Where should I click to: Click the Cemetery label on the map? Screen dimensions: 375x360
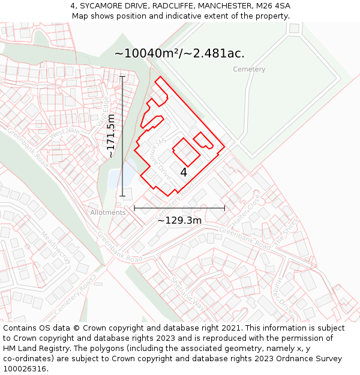click(x=249, y=70)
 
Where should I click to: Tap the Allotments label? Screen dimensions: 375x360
click(x=108, y=212)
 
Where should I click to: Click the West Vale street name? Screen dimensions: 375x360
click(x=65, y=133)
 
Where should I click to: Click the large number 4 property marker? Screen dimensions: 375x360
click(x=184, y=172)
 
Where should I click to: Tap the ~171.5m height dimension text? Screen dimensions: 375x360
click(x=111, y=136)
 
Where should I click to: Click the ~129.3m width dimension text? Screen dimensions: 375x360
click(x=179, y=220)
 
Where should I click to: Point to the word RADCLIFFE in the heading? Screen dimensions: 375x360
click(x=174, y=6)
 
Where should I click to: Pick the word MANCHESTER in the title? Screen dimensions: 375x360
click(x=227, y=6)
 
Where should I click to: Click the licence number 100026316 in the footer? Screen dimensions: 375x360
click(x=24, y=368)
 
